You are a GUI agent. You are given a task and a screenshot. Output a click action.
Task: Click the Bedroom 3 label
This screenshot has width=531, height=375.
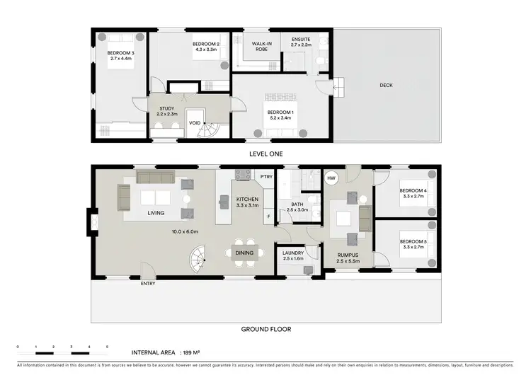(121, 56)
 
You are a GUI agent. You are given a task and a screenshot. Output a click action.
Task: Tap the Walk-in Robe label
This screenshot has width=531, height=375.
(263, 47)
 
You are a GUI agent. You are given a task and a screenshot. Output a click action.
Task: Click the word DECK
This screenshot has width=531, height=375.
(386, 86)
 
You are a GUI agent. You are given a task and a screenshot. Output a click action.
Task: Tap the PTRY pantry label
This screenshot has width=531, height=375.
(266, 177)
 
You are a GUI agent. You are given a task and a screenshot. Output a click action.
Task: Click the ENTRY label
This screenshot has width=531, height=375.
(147, 284)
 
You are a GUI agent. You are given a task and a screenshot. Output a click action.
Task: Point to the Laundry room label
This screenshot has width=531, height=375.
(292, 255)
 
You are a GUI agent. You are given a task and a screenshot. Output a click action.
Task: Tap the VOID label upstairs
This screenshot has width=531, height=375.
(195, 121)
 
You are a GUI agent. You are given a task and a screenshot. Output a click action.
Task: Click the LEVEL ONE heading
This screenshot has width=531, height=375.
(266, 153)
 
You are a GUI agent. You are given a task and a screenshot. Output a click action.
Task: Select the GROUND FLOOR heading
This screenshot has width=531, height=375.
(266, 329)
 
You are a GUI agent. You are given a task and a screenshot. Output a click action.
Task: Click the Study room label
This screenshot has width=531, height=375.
(166, 111)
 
